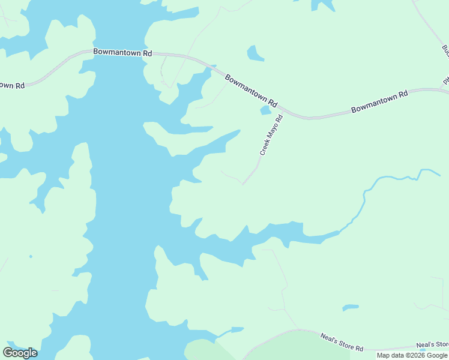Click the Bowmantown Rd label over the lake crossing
[x=122, y=52]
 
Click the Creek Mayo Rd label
[x=271, y=135]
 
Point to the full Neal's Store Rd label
[x=342, y=343]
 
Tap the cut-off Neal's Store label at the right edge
[x=433, y=345]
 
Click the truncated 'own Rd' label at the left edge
[x=11, y=85]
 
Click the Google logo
[x=20, y=352]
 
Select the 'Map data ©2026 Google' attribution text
[x=412, y=355]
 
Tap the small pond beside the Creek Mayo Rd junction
[x=265, y=110]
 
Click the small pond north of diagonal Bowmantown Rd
[x=255, y=54]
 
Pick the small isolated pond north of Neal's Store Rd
[x=351, y=308]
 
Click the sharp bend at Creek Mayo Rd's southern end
[x=243, y=184]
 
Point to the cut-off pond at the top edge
[x=323, y=5]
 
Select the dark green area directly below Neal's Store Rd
[x=282, y=351]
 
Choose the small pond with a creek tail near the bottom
[x=237, y=329]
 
